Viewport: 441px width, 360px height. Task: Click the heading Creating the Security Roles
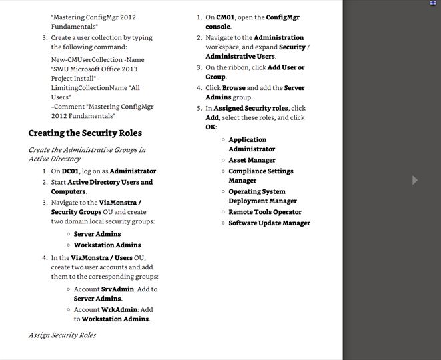click(85, 133)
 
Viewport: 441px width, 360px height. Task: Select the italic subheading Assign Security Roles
click(62, 335)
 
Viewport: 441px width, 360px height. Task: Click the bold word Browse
click(234, 88)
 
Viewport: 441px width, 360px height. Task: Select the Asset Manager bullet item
click(252, 160)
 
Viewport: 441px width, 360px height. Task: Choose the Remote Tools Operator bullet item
click(265, 212)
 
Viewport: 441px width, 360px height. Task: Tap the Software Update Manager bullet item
click(269, 223)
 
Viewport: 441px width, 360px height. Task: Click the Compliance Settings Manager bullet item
click(260, 176)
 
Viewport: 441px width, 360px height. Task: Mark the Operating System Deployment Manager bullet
click(262, 196)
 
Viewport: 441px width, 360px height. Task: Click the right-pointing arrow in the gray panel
click(415, 180)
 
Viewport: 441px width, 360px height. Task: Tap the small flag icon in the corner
click(432, 3)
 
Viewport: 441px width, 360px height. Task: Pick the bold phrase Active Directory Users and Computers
click(110, 187)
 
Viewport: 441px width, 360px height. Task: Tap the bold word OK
click(210, 127)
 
